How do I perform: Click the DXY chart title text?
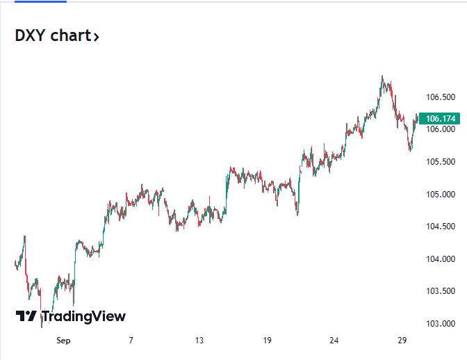(53, 36)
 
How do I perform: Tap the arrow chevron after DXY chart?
(96, 37)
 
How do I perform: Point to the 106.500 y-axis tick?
(441, 97)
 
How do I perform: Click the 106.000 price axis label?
(441, 129)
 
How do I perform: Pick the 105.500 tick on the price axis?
(441, 162)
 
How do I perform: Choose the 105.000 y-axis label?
(441, 194)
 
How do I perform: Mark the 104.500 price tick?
(441, 227)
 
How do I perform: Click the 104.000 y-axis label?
(441, 259)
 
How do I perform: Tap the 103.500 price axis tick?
(441, 291)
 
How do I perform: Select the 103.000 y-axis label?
(441, 324)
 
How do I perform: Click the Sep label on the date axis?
(63, 341)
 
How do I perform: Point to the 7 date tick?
(131, 341)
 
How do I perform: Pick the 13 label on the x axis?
(199, 341)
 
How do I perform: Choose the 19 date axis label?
(267, 341)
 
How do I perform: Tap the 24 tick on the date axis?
(334, 341)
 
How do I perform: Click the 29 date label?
(402, 341)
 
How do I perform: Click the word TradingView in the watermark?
(83, 317)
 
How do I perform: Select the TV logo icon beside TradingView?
(26, 317)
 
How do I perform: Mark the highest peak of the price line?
(382, 76)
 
